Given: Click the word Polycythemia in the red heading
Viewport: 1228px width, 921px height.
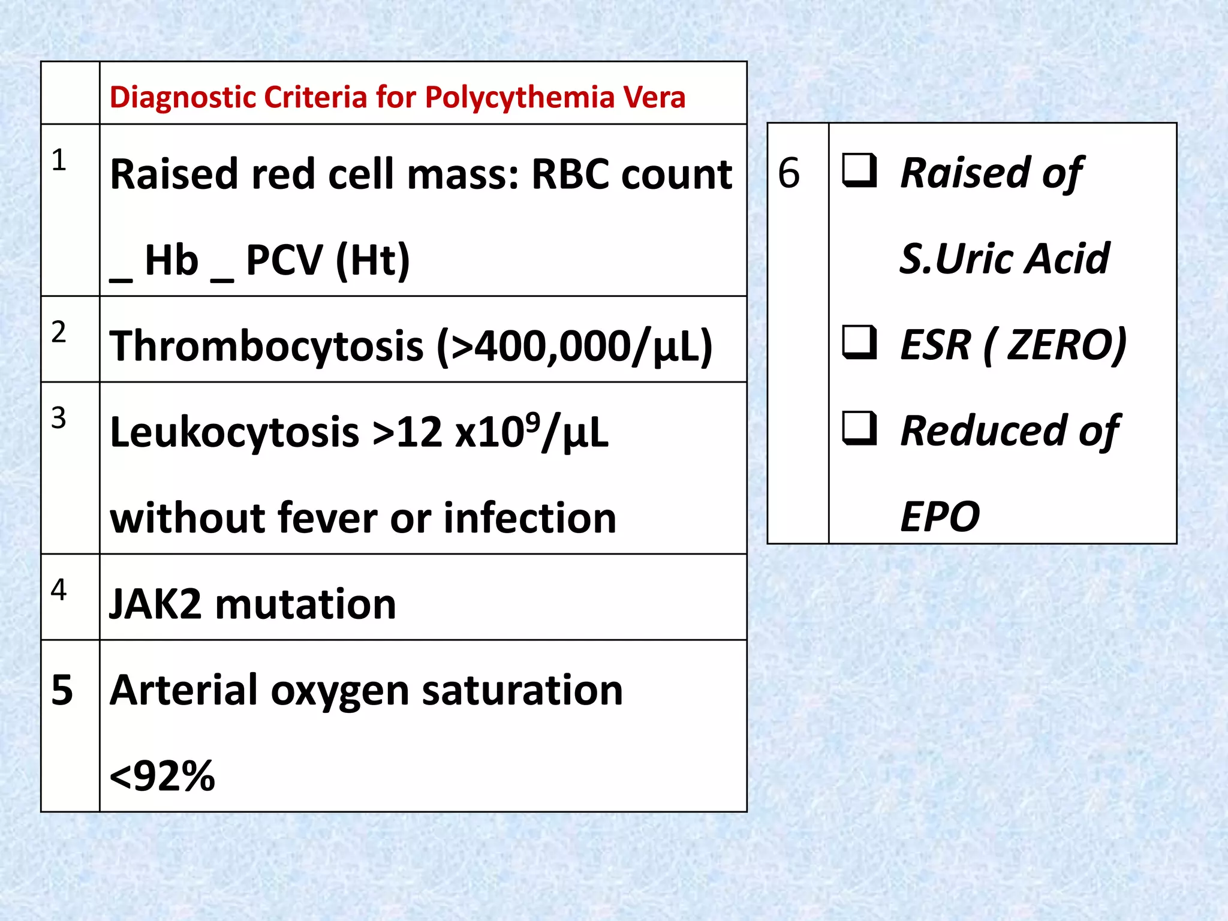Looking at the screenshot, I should (519, 98).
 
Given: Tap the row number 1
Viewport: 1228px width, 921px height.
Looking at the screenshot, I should (59, 161).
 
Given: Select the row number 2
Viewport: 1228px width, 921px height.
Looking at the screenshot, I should (59, 332).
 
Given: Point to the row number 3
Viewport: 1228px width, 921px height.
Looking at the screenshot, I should (59, 418).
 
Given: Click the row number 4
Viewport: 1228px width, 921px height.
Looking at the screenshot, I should (59, 590).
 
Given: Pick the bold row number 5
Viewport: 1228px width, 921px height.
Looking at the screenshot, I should (62, 690).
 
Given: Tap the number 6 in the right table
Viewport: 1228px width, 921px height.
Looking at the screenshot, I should (788, 173).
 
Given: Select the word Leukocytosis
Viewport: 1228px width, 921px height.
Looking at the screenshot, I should (234, 432).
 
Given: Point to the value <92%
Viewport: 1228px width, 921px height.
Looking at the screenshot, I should (162, 776).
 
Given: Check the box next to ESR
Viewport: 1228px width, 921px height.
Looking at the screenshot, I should (859, 342).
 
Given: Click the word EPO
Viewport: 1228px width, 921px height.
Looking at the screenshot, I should (940, 517).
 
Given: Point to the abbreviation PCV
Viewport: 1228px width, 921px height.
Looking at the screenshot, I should (284, 261).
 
